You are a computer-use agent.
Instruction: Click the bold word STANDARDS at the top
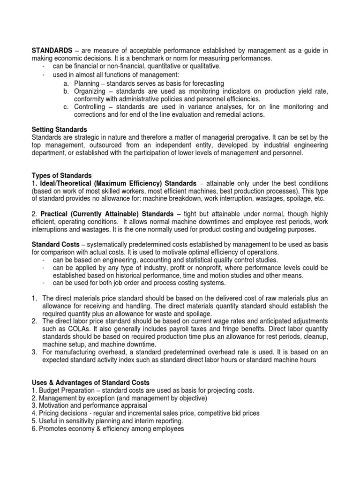(52, 50)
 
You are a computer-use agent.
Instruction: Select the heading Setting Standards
(59, 129)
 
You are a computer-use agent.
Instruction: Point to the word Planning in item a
(88, 82)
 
